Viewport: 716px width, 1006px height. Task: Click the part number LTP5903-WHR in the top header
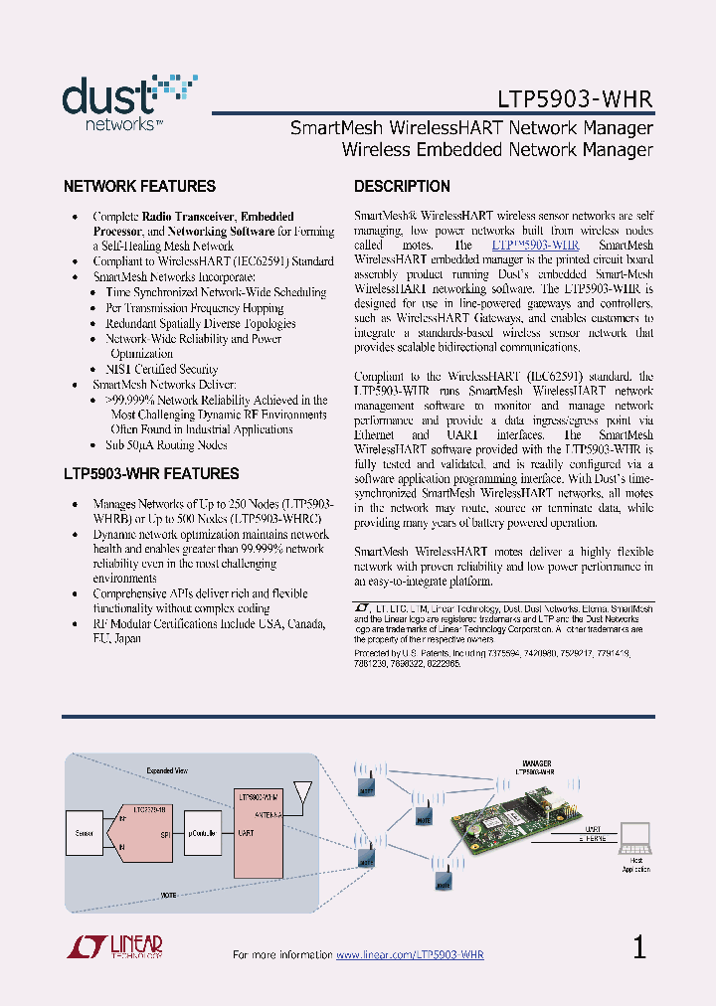pyautogui.click(x=575, y=100)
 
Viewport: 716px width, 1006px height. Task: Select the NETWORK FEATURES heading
pyautogui.click(x=139, y=187)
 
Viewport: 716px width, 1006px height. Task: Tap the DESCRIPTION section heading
pyautogui.click(x=402, y=187)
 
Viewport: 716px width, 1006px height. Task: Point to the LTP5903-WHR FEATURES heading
pyautogui.click(x=151, y=474)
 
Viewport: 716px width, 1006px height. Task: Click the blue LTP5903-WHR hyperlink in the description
pyautogui.click(x=535, y=245)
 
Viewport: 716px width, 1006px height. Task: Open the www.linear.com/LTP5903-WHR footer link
pyautogui.click(x=410, y=954)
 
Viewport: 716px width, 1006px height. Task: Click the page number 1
pyautogui.click(x=639, y=947)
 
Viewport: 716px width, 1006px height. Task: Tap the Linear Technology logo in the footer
pyautogui.click(x=114, y=947)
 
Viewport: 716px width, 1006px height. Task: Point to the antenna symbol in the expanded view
pyautogui.click(x=303, y=795)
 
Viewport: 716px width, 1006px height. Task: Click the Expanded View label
pyautogui.click(x=167, y=770)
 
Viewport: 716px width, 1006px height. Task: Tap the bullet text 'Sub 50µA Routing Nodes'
pyautogui.click(x=166, y=445)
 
